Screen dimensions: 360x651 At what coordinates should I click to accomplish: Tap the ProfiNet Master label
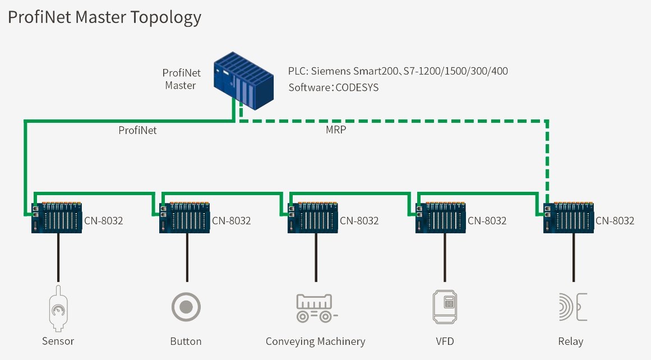pyautogui.click(x=181, y=79)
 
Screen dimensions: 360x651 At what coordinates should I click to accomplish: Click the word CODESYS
pyautogui.click(x=357, y=87)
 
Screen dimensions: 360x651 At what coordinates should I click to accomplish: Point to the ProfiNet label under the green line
pyautogui.click(x=137, y=130)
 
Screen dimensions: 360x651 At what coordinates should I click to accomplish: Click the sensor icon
pyautogui.click(x=57, y=310)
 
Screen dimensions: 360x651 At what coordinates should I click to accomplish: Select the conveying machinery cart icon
pyautogui.click(x=316, y=308)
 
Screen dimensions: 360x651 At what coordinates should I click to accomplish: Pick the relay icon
pyautogui.click(x=572, y=307)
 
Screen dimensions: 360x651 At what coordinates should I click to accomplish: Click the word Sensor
pyautogui.click(x=58, y=341)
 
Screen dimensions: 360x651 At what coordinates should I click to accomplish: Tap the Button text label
pyautogui.click(x=186, y=341)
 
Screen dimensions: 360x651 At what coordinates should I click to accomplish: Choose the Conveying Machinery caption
pyautogui.click(x=315, y=341)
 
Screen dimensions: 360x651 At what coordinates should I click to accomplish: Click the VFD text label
pyautogui.click(x=446, y=341)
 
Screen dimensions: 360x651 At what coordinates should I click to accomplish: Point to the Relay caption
pyautogui.click(x=571, y=341)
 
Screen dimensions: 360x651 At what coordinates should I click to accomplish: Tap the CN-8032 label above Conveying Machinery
pyautogui.click(x=359, y=220)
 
